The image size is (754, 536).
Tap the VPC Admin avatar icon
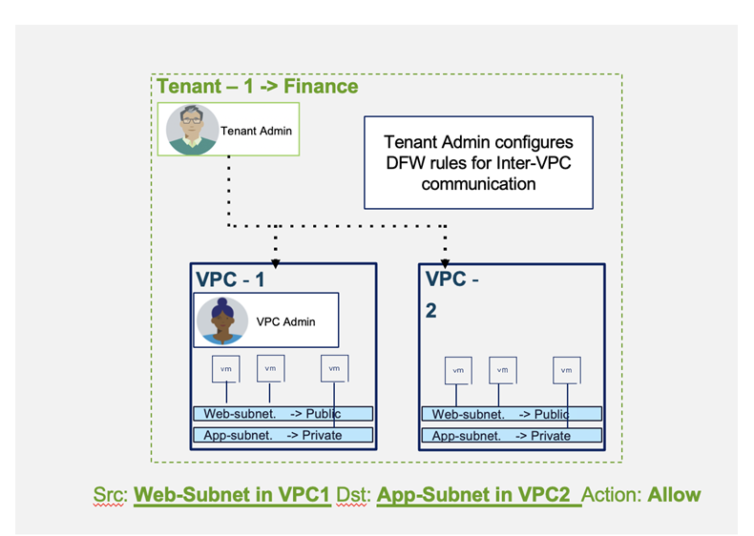[221, 320]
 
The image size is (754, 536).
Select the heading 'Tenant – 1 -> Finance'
[258, 87]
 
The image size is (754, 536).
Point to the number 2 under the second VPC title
[431, 311]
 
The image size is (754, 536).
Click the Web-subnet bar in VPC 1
[282, 414]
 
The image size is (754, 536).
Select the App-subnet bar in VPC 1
[282, 435]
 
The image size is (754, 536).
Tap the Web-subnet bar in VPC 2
[511, 414]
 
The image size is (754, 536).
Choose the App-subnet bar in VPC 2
[511, 436]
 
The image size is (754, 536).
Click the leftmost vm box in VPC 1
[225, 367]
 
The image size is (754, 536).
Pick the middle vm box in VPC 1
[270, 367]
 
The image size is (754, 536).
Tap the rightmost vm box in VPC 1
[333, 367]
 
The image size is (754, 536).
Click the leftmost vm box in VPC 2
[457, 370]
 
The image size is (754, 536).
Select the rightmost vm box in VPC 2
[566, 370]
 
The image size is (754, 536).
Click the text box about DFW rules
[478, 162]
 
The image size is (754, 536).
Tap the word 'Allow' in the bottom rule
[675, 496]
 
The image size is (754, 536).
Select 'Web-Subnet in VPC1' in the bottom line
[231, 496]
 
